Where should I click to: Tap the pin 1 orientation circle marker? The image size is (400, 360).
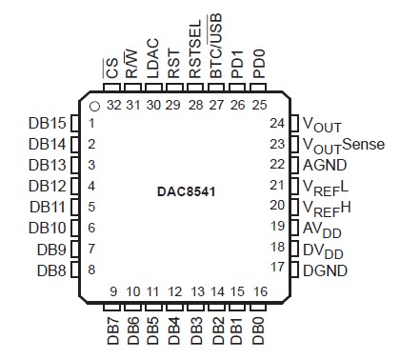pyautogui.click(x=96, y=105)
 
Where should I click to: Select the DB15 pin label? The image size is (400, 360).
pyautogui.click(x=48, y=124)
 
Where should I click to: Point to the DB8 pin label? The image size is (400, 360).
pyautogui.click(x=51, y=270)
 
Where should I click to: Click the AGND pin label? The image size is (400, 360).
pyautogui.click(x=326, y=165)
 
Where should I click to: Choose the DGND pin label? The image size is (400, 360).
pyautogui.click(x=326, y=270)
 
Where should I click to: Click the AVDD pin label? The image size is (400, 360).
pyautogui.click(x=321, y=229)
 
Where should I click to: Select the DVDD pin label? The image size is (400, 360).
pyautogui.click(x=321, y=250)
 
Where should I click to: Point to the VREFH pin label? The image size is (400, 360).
pyautogui.click(x=324, y=208)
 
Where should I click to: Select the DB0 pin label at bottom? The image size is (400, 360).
pyautogui.click(x=259, y=330)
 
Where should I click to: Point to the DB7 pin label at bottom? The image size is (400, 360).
pyautogui.click(x=112, y=330)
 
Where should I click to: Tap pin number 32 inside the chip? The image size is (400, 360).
pyautogui.click(x=113, y=104)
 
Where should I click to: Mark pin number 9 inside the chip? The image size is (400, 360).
pyautogui.click(x=112, y=291)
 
